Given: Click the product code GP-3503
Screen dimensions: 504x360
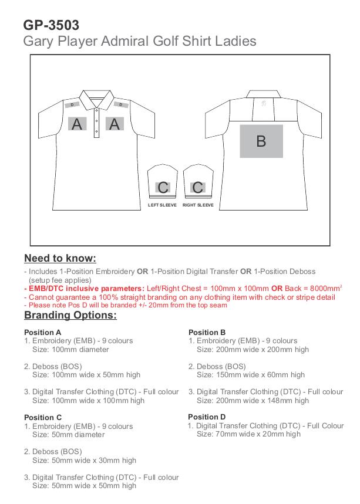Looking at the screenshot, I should pos(51,25).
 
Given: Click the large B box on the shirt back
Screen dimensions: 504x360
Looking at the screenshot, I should pos(261,141).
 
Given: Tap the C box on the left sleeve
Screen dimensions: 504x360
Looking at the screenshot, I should pos(163,188).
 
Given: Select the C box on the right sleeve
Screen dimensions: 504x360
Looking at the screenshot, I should pos(198,188).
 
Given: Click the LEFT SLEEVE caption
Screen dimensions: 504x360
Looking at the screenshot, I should pos(162,205).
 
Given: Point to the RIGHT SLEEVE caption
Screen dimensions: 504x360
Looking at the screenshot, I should pos(198,205).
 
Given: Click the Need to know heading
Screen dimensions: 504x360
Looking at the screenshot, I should pos(60,259).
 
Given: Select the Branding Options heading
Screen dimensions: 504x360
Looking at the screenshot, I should pos(70,316).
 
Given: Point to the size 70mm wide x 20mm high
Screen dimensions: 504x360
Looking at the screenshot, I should pos(248,434).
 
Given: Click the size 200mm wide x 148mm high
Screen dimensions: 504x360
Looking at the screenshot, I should pos(253,401).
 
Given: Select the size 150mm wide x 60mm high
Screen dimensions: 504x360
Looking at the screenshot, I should pos(251,375).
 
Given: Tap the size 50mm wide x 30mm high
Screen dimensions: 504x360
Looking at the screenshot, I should pos(84,461).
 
